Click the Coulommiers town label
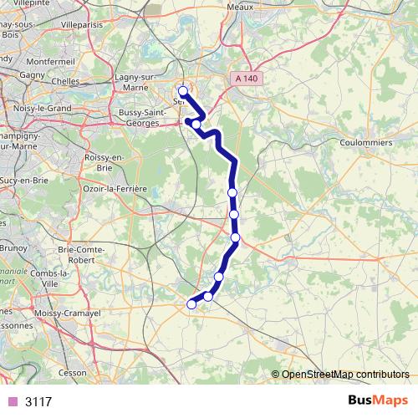coord(366,142)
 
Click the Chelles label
coord(64,81)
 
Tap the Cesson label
coord(73,372)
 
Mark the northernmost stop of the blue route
coord(182,91)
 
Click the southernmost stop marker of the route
coord(191,304)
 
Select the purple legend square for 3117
coord(12,401)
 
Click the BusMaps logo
coord(378,401)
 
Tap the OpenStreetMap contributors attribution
coord(345,374)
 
